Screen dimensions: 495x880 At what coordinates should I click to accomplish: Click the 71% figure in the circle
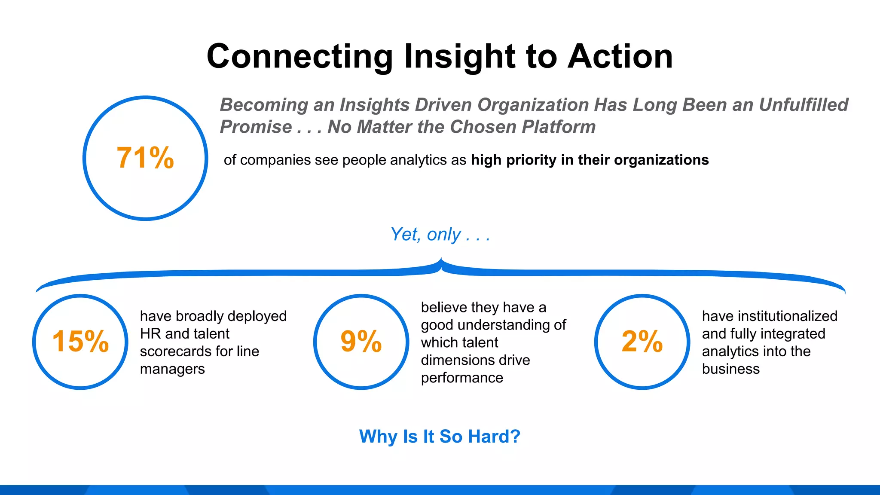[145, 158]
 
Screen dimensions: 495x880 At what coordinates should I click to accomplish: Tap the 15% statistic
[80, 342]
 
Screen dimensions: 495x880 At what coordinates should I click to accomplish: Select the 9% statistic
[361, 342]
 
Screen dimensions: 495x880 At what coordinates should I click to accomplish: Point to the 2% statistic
[642, 342]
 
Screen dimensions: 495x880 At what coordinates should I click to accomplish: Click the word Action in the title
[620, 57]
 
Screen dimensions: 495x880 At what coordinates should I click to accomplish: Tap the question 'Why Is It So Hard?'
[440, 437]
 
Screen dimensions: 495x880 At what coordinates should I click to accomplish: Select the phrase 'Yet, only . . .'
[440, 235]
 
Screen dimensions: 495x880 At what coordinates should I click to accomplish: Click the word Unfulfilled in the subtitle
[803, 105]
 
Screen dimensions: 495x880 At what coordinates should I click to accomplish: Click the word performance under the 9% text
[462, 378]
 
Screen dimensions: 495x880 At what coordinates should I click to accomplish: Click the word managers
[172, 369]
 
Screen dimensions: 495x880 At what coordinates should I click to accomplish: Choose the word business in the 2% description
[730, 369]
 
